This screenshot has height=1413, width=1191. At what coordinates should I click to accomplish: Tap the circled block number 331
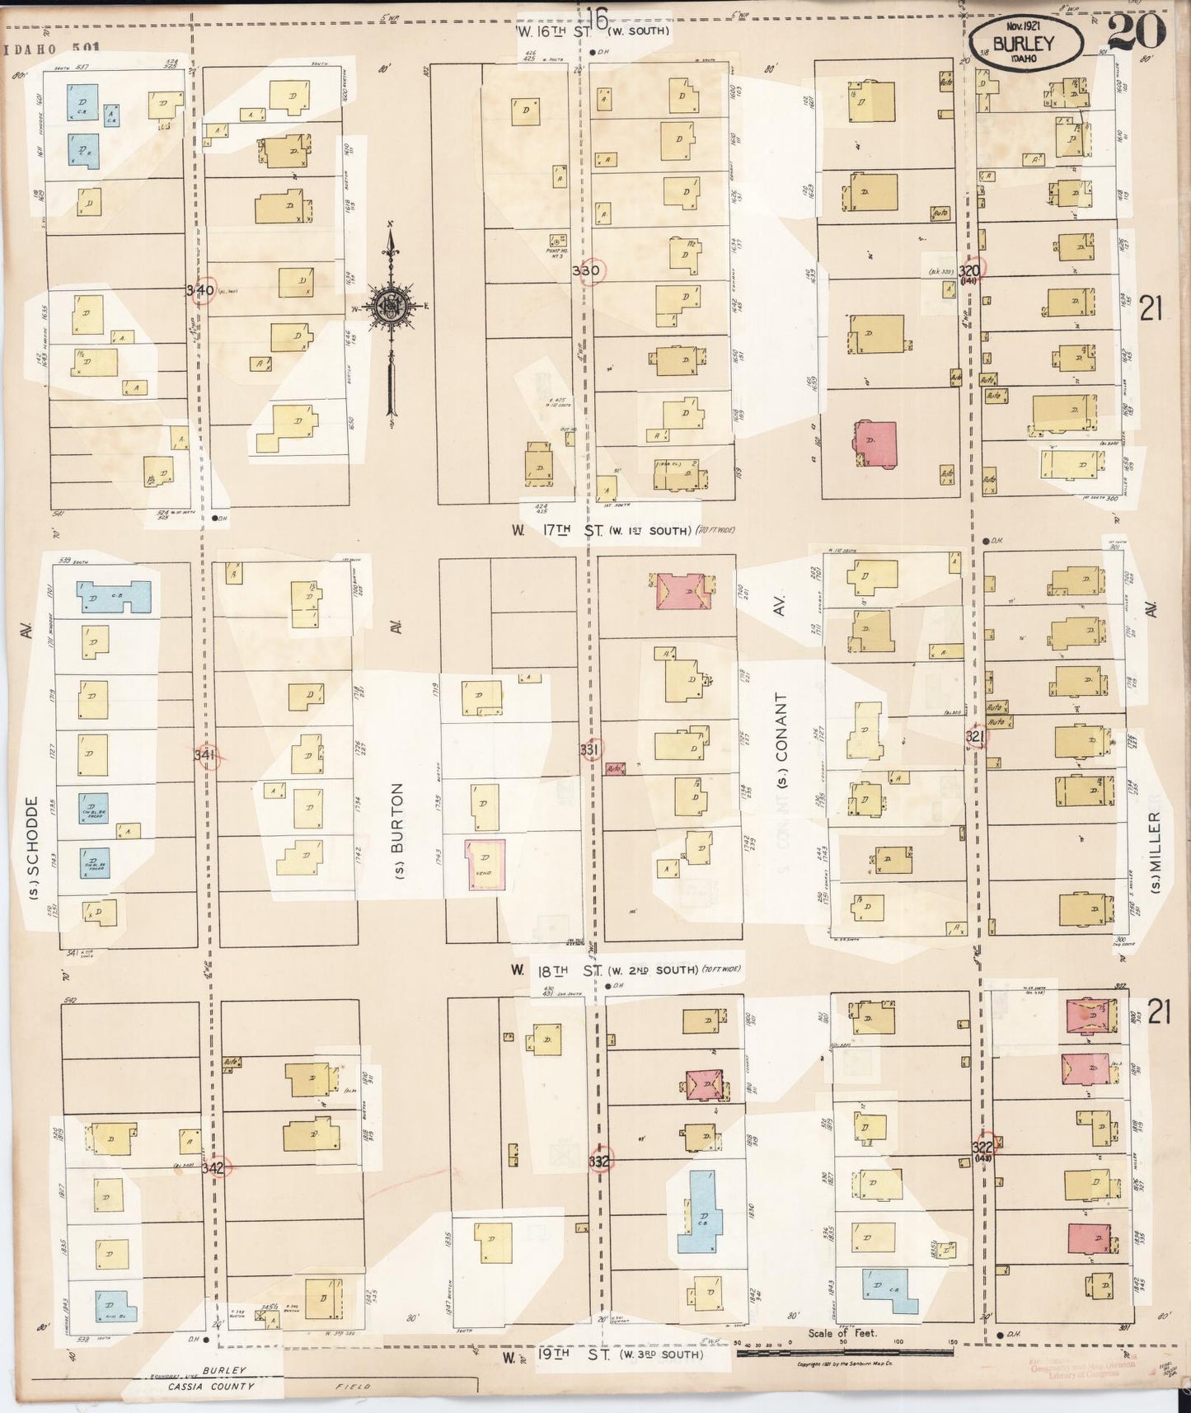point(590,750)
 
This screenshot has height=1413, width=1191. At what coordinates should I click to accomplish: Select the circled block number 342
point(213,1167)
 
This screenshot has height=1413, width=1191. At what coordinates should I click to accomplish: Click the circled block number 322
point(982,1148)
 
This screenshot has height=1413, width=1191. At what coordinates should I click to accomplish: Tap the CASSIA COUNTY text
point(211,1386)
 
